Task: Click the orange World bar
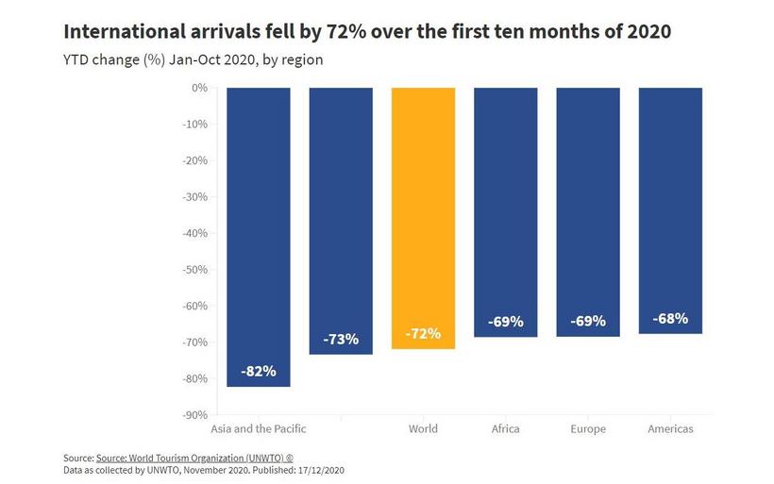click(x=423, y=217)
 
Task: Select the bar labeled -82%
click(x=259, y=236)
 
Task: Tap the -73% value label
click(x=341, y=339)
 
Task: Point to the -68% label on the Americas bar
click(x=670, y=318)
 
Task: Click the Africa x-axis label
click(x=506, y=429)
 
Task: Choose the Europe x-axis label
click(x=588, y=429)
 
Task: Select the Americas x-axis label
click(x=670, y=429)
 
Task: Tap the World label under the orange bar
click(x=423, y=429)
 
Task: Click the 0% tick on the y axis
click(x=198, y=88)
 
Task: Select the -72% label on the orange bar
click(x=423, y=334)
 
